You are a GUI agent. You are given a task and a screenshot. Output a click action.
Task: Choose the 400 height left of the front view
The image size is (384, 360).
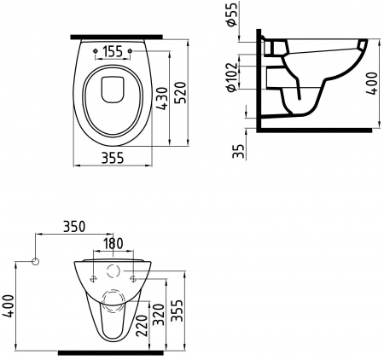point(9,303)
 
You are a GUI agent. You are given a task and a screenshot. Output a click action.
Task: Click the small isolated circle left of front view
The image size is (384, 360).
point(36,260)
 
